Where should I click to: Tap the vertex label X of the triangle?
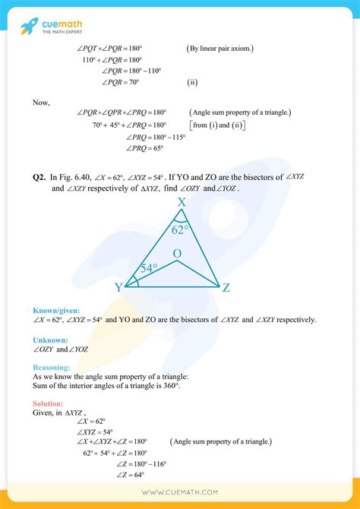pyautogui.click(x=182, y=203)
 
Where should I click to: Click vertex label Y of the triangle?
pyautogui.click(x=118, y=286)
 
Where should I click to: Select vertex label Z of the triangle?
pyautogui.click(x=226, y=287)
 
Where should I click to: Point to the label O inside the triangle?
pyautogui.click(x=177, y=252)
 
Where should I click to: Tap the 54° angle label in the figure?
pyautogui.click(x=148, y=269)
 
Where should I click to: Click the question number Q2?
pyautogui.click(x=39, y=177)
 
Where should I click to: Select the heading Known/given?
pyautogui.click(x=56, y=311)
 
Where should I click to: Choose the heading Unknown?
pyautogui.click(x=51, y=340)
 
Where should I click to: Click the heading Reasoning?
pyautogui.click(x=54, y=367)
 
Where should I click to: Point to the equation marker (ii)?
pyautogui.click(x=194, y=81)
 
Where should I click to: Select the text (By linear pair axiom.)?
pyautogui.click(x=220, y=48)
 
